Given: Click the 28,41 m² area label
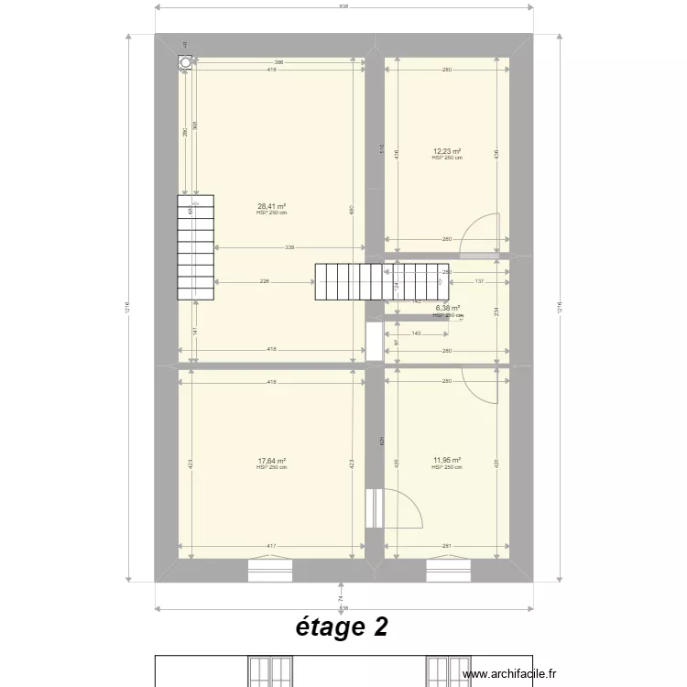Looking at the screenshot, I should point(271,207).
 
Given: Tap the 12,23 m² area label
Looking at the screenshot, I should point(447,152).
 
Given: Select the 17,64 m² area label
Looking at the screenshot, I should point(271,462).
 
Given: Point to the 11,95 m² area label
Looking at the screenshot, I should point(447,462).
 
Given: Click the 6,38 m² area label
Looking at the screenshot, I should point(447,309).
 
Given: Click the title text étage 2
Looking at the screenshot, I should point(342,627).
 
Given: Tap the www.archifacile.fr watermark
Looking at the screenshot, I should point(511,673).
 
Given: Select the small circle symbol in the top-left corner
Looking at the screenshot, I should point(186,62).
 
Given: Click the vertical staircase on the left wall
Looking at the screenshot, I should point(195,246).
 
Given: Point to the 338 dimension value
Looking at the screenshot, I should point(289,247).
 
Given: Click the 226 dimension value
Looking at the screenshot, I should point(264,282).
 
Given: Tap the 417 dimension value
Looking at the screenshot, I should point(271,547).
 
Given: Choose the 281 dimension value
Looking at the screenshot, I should point(447,547).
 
